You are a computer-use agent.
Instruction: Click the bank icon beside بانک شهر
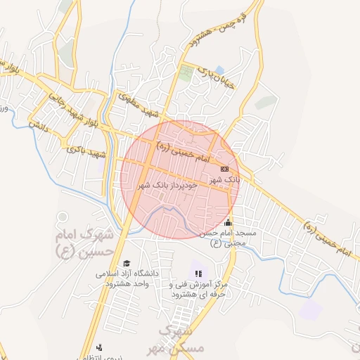[224, 169]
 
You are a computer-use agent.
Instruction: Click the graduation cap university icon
[127, 263]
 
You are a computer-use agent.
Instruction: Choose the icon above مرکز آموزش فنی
[198, 273]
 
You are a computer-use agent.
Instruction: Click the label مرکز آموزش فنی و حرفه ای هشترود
[198, 290]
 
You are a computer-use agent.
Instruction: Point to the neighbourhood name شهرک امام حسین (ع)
[84, 242]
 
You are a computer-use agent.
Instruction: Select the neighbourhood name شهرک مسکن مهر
[180, 339]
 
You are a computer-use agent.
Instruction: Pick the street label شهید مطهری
[140, 103]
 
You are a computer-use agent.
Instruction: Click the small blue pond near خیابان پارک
[221, 70]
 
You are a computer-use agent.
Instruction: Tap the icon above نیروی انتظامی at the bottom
[99, 347]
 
